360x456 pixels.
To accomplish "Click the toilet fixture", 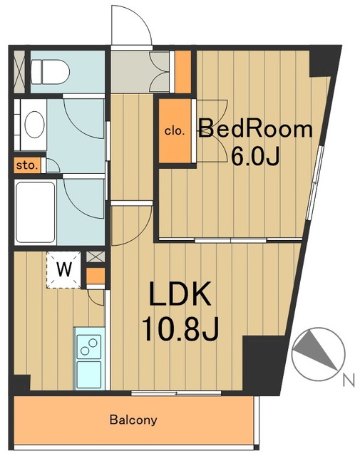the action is pyautogui.click(x=50, y=72).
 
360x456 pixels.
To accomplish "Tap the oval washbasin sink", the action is pyautogui.click(x=35, y=125).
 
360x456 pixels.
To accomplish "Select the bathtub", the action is pyautogui.click(x=36, y=212).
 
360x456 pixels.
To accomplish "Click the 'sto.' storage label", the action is pyautogui.click(x=27, y=166).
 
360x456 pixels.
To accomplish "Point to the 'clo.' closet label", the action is pyautogui.click(x=175, y=131).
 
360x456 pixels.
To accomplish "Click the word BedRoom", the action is pyautogui.click(x=255, y=130).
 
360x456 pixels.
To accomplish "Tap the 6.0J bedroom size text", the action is pyautogui.click(x=255, y=156).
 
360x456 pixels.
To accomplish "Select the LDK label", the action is pyautogui.click(x=180, y=293).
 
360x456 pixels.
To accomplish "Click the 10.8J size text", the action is pyautogui.click(x=180, y=328).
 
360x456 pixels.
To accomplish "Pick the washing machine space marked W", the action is pyautogui.click(x=63, y=270).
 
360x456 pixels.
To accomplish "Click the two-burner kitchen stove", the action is pyautogui.click(x=89, y=347).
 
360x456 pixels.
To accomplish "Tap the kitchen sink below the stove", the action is pyautogui.click(x=89, y=375).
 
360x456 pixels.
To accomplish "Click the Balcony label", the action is pyautogui.click(x=133, y=420).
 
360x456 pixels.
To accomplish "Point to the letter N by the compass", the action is pyautogui.click(x=349, y=380).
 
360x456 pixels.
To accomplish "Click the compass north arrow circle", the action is pyautogui.click(x=318, y=354).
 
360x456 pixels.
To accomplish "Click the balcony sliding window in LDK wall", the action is pyautogui.click(x=176, y=393).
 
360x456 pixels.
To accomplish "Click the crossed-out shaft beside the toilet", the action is pyautogui.click(x=19, y=71).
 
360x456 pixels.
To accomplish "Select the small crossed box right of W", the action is pyautogui.click(x=96, y=256).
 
